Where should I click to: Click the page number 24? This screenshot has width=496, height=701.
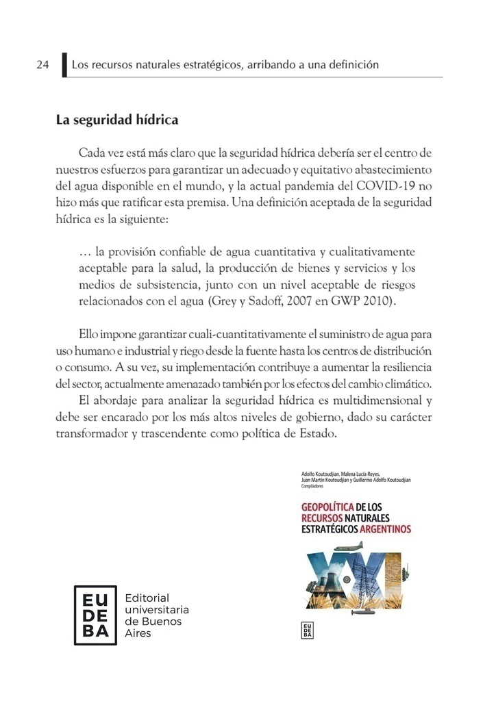coord(42,65)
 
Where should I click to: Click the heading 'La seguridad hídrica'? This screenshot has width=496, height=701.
coord(116,120)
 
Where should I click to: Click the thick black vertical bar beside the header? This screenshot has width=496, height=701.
coord(64,65)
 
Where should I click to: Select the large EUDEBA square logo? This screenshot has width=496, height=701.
coord(95,615)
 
